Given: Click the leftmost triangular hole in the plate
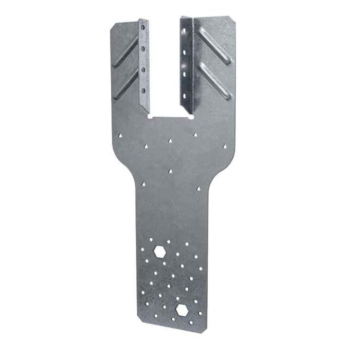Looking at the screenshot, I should [119, 136].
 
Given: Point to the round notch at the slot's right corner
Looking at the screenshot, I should [192, 116].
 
